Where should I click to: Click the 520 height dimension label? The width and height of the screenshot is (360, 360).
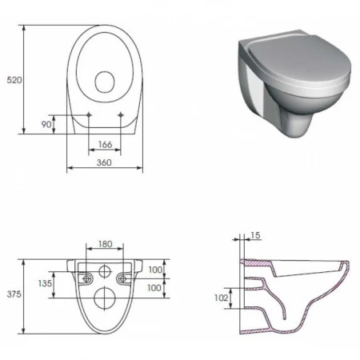tap(14, 80)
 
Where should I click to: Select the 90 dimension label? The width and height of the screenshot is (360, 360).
tap(46, 124)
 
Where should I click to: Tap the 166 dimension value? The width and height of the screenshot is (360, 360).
tap(105, 144)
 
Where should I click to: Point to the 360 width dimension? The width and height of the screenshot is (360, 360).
tap(104, 162)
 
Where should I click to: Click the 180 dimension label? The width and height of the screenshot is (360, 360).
tap(106, 244)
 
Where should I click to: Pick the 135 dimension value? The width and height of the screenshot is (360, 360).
tap(45, 283)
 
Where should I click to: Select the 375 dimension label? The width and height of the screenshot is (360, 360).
tap(14, 294)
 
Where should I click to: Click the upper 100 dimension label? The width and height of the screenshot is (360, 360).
tap(155, 270)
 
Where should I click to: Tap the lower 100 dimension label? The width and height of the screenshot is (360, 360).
tap(154, 287)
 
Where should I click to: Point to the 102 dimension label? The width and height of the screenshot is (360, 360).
tap(221, 298)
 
